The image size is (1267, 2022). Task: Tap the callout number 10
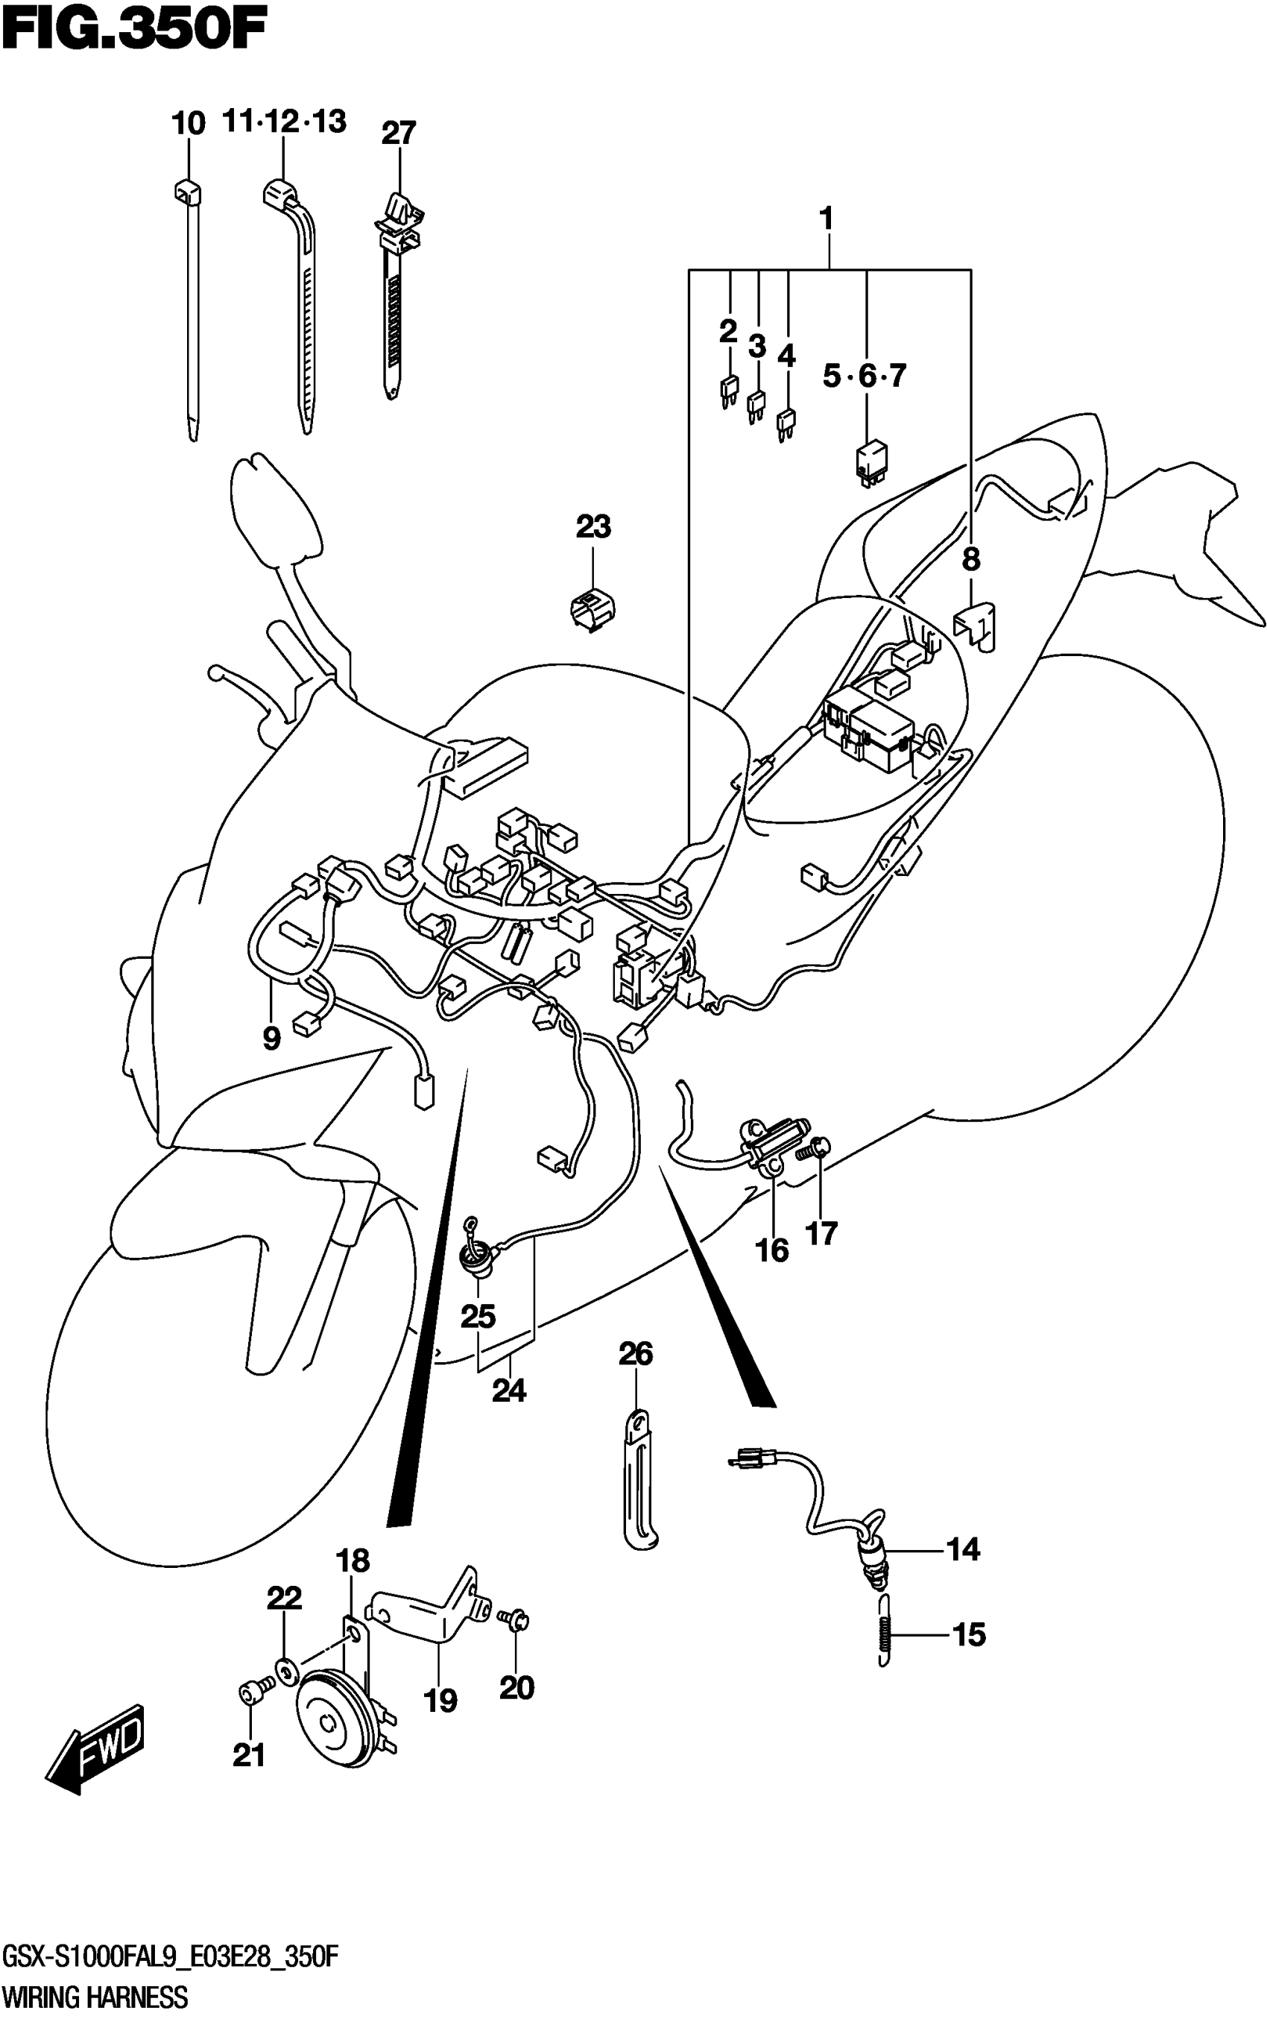(189, 124)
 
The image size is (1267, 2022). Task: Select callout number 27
(399, 133)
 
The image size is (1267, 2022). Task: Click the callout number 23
(593, 527)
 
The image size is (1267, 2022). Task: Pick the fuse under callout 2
(729, 391)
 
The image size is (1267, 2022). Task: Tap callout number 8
(970, 559)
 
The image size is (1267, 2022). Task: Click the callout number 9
(271, 1039)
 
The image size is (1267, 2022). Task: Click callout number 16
(772, 1252)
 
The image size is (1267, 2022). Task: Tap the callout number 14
(963, 1549)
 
